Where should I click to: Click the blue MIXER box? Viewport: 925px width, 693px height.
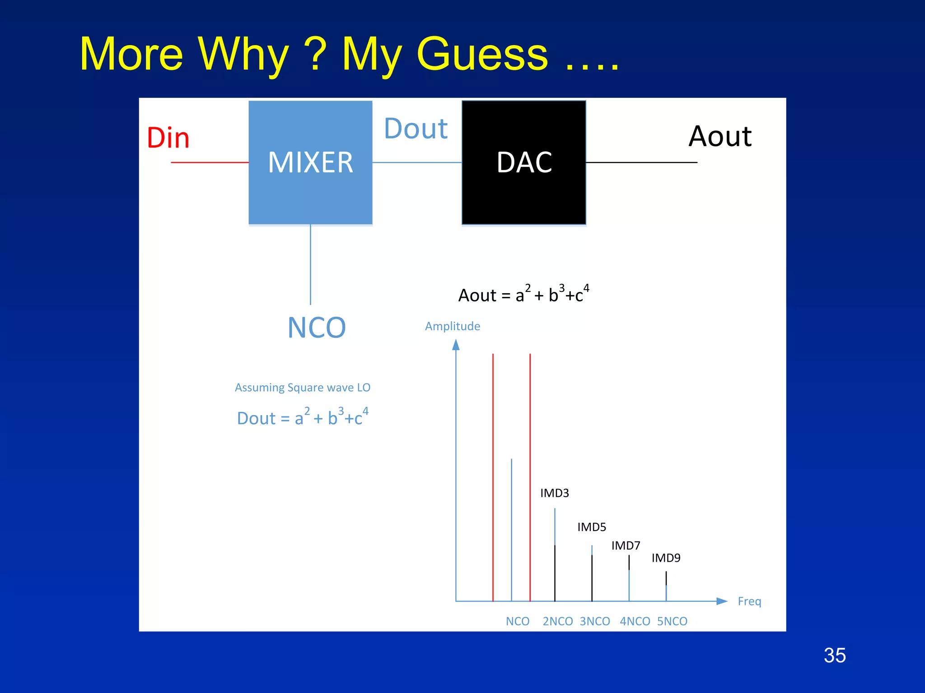[310, 162]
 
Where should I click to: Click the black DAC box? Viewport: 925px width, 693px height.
[523, 162]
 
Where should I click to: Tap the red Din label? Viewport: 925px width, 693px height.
[168, 138]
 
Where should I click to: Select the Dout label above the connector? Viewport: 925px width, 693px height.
[416, 129]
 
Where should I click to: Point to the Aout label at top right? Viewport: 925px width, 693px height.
[720, 136]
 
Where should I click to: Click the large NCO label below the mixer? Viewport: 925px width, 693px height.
[317, 328]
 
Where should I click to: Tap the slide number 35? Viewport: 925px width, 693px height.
[834, 655]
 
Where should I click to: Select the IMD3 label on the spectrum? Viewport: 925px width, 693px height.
[554, 493]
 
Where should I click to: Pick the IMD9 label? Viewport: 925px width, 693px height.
[666, 558]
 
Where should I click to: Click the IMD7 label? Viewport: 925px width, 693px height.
[626, 546]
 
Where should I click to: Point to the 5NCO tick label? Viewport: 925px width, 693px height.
[672, 621]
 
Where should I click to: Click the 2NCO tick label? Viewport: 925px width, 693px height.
[557, 621]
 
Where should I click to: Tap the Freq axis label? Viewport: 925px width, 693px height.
[749, 601]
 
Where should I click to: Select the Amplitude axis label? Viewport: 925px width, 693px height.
[453, 326]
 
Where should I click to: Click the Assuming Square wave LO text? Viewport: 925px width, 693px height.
[303, 388]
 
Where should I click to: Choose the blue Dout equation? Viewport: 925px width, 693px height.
[303, 417]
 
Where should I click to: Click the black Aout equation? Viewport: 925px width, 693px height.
[523, 294]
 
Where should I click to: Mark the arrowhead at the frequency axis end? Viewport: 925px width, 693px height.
[722, 601]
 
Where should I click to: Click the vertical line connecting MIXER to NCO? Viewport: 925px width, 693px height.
[310, 264]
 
